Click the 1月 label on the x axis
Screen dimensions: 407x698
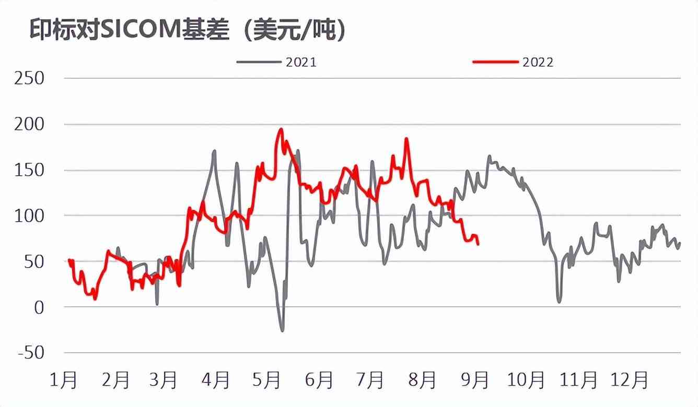coord(64,380)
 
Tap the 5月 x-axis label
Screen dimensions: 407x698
coord(267,380)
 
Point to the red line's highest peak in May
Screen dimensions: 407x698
coord(281,129)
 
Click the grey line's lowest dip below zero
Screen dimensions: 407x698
coord(283,331)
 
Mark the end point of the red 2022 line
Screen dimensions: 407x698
coord(478,244)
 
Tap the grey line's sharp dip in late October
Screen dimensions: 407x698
coord(559,302)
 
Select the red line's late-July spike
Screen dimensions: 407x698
coord(406,139)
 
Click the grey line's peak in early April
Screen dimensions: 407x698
coord(214,151)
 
